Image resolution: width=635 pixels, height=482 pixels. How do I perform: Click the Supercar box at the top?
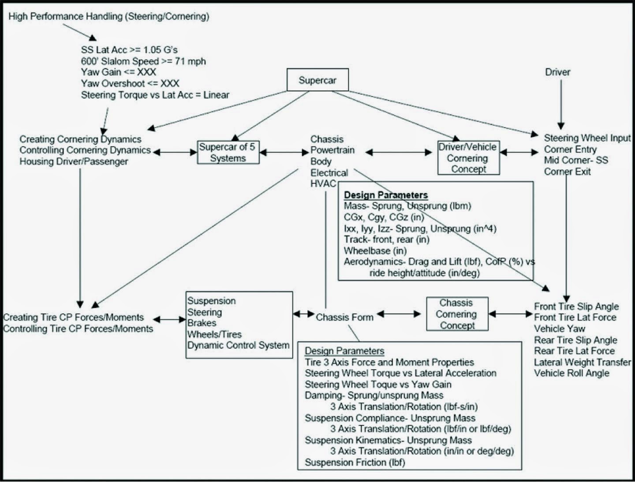(317, 80)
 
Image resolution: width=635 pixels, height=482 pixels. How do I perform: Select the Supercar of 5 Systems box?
(228, 153)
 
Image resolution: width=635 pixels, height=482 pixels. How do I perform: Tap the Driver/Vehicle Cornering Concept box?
(468, 158)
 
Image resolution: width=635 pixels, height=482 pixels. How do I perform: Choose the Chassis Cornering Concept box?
(457, 314)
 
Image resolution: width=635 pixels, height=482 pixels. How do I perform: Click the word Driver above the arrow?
(557, 72)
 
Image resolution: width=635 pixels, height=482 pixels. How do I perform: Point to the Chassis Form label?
(344, 317)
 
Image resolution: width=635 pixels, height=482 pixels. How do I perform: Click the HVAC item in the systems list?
(323, 183)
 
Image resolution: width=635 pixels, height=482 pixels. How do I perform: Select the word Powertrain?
(332, 150)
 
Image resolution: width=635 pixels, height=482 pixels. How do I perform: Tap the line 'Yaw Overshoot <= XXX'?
(130, 83)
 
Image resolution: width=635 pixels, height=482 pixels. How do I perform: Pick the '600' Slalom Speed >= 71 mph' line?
(143, 61)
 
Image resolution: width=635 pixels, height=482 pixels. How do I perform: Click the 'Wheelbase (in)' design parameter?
(375, 251)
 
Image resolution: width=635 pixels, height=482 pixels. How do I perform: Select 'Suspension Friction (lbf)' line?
(355, 462)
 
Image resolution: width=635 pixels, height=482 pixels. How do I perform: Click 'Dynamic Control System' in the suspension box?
(238, 345)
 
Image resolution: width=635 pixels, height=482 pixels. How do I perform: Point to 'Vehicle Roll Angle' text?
(571, 373)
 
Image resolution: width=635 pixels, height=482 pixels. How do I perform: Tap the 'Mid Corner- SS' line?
(575, 161)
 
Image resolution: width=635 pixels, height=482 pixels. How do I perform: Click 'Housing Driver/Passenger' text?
(74, 161)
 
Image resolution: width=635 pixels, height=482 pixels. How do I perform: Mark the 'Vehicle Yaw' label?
(559, 329)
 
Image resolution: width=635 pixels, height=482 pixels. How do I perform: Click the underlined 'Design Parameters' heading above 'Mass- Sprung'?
(386, 195)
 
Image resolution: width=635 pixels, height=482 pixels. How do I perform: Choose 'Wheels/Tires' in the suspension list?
(214, 334)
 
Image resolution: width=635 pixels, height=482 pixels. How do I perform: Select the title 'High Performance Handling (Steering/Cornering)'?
(108, 16)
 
